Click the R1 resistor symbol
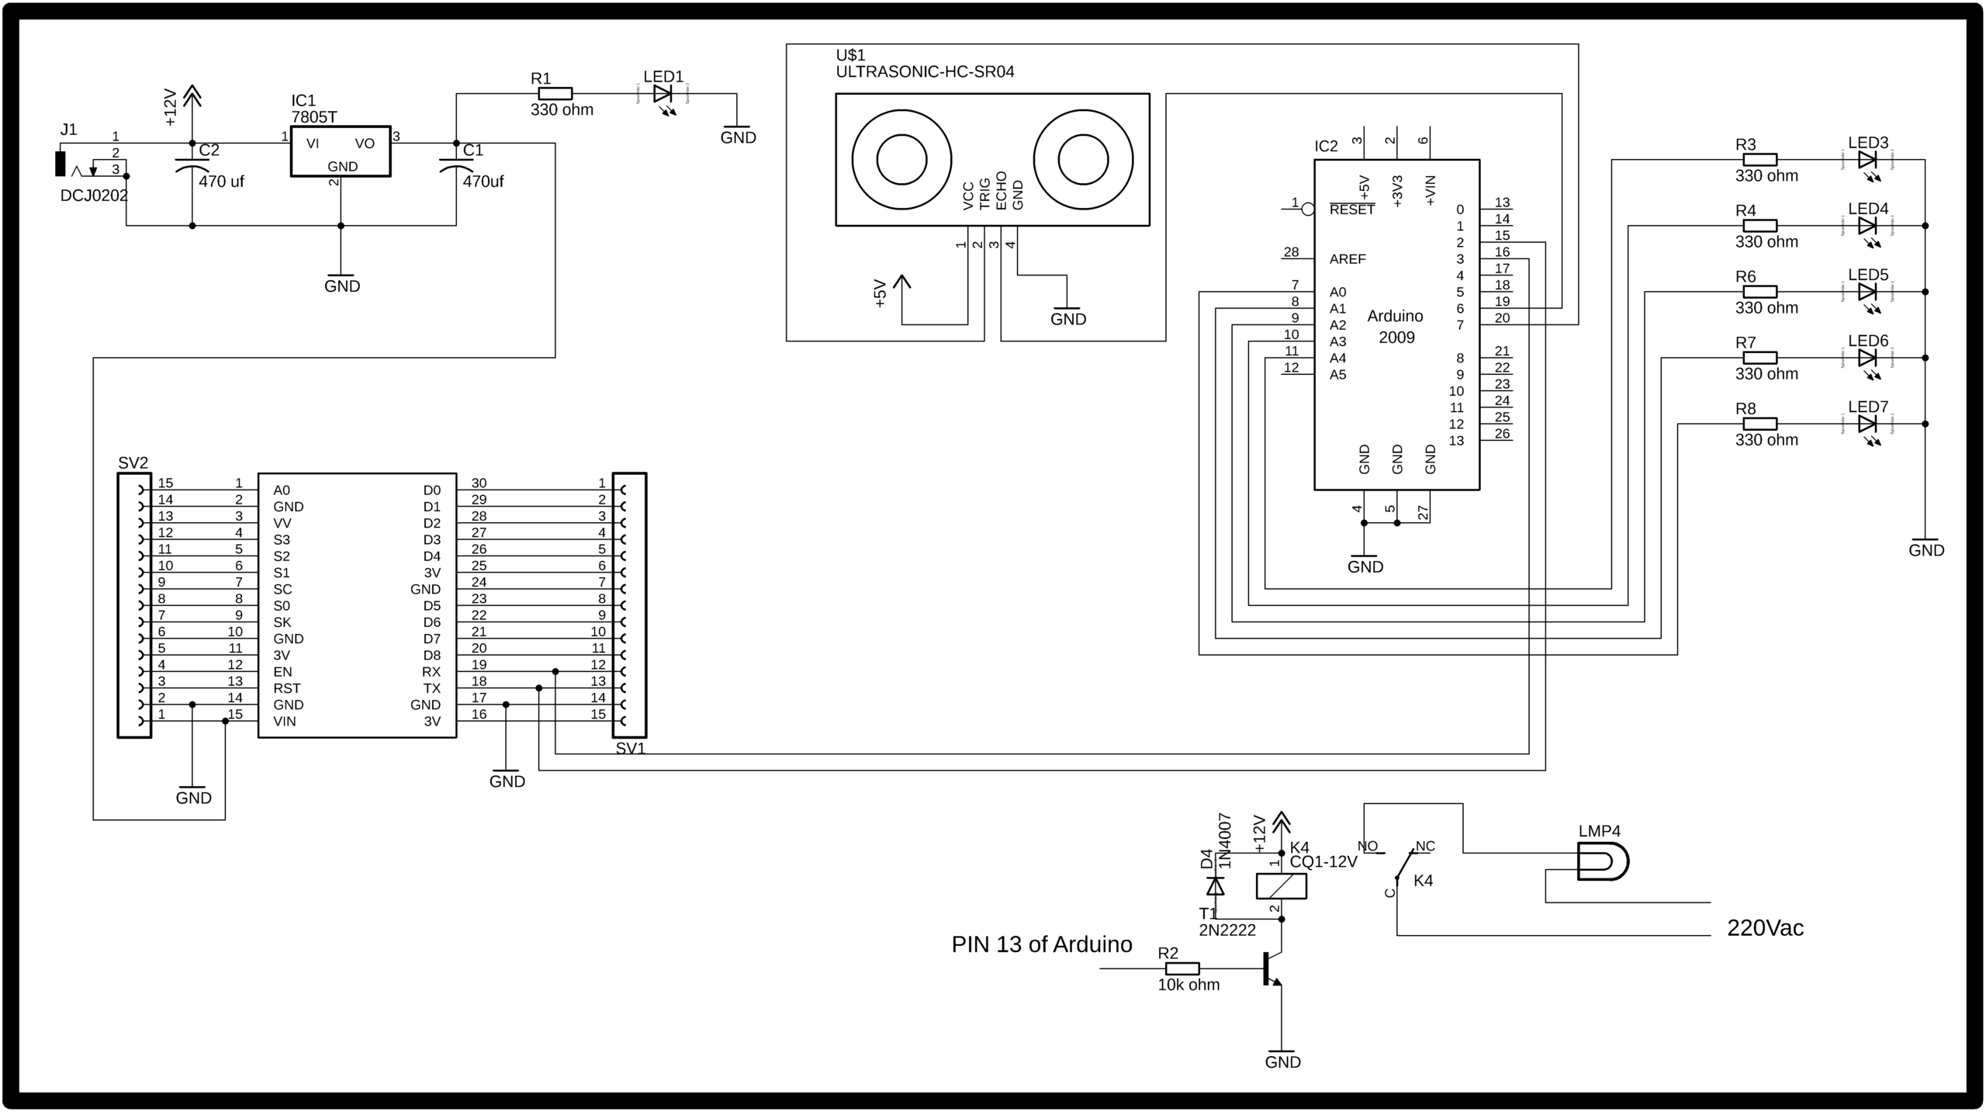click(555, 94)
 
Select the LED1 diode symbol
click(662, 94)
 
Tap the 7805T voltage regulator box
click(341, 152)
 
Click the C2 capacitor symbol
click(192, 166)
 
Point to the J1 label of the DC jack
click(69, 130)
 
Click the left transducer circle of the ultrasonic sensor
click(901, 160)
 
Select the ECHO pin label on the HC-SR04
click(1002, 191)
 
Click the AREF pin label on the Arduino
click(1348, 259)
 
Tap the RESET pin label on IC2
click(1351, 210)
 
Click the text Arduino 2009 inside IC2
click(1396, 327)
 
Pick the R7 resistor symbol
click(1759, 358)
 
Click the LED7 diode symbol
click(1867, 424)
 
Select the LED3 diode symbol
click(1867, 160)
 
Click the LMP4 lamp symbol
click(1603, 861)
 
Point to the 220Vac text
click(1765, 928)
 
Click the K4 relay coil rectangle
click(1281, 886)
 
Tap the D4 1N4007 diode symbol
click(1216, 886)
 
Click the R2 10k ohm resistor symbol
click(1182, 968)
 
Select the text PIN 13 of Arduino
click(1041, 944)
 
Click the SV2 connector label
click(133, 463)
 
